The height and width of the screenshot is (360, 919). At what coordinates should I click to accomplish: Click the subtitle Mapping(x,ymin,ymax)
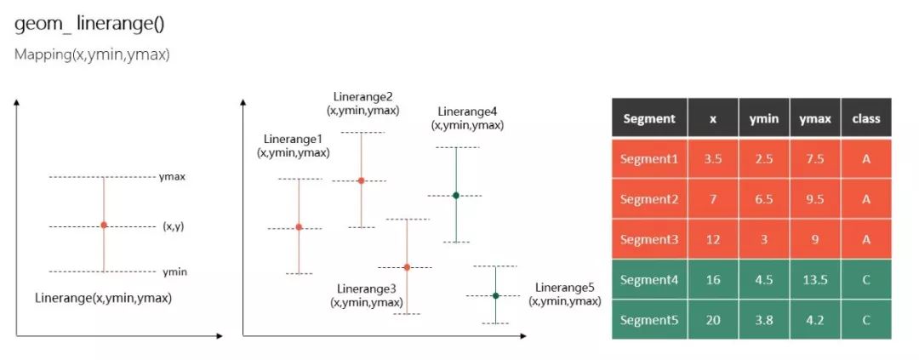pos(92,55)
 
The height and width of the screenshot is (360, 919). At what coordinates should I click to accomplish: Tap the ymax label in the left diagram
pos(172,176)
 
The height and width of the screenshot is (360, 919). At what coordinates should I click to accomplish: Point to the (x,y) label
pos(174,226)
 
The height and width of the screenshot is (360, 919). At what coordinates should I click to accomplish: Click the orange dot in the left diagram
pos(104,226)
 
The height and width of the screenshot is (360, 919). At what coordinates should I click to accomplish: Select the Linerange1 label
pos(293,139)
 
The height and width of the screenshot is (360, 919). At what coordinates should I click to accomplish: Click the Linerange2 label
pos(362,96)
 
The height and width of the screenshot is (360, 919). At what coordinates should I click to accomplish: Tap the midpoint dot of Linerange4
pos(456,195)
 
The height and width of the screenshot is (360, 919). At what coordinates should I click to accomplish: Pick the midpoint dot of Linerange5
pos(496,295)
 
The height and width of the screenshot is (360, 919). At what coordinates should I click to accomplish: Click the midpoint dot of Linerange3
pos(407,267)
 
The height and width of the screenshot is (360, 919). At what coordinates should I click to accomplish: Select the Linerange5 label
pos(565,288)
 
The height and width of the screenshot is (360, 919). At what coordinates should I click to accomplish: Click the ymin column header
pos(764,118)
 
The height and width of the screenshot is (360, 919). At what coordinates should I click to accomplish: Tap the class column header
pos(866,118)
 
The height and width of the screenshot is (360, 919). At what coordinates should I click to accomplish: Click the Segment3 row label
pos(649,239)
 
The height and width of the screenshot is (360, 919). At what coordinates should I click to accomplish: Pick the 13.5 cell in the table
pos(815,280)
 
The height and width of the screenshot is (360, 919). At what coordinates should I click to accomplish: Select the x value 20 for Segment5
pos(713,320)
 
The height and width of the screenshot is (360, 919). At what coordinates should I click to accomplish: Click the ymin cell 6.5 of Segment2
pos(764,199)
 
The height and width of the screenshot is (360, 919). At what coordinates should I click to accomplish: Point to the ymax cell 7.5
pos(815,159)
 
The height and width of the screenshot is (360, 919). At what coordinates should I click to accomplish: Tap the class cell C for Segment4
pos(866,280)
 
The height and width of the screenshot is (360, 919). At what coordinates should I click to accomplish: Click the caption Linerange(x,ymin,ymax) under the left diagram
pos(103,298)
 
